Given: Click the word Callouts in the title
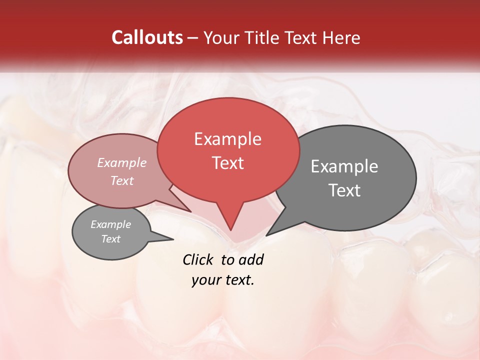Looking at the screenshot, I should coord(147,37).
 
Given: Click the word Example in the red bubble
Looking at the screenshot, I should coord(227,139).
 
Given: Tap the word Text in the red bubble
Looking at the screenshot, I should coord(228,163).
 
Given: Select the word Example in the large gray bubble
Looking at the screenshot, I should coord(344,166).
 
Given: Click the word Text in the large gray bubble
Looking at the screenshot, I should coord(344,190).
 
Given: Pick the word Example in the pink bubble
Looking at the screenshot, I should coord(122,162).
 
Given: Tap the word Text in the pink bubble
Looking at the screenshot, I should coord(122,180).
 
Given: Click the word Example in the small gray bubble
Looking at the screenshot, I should coord(110,224).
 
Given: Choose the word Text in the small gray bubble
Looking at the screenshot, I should coord(110,239).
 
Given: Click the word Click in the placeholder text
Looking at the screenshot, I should coord(198,259).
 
